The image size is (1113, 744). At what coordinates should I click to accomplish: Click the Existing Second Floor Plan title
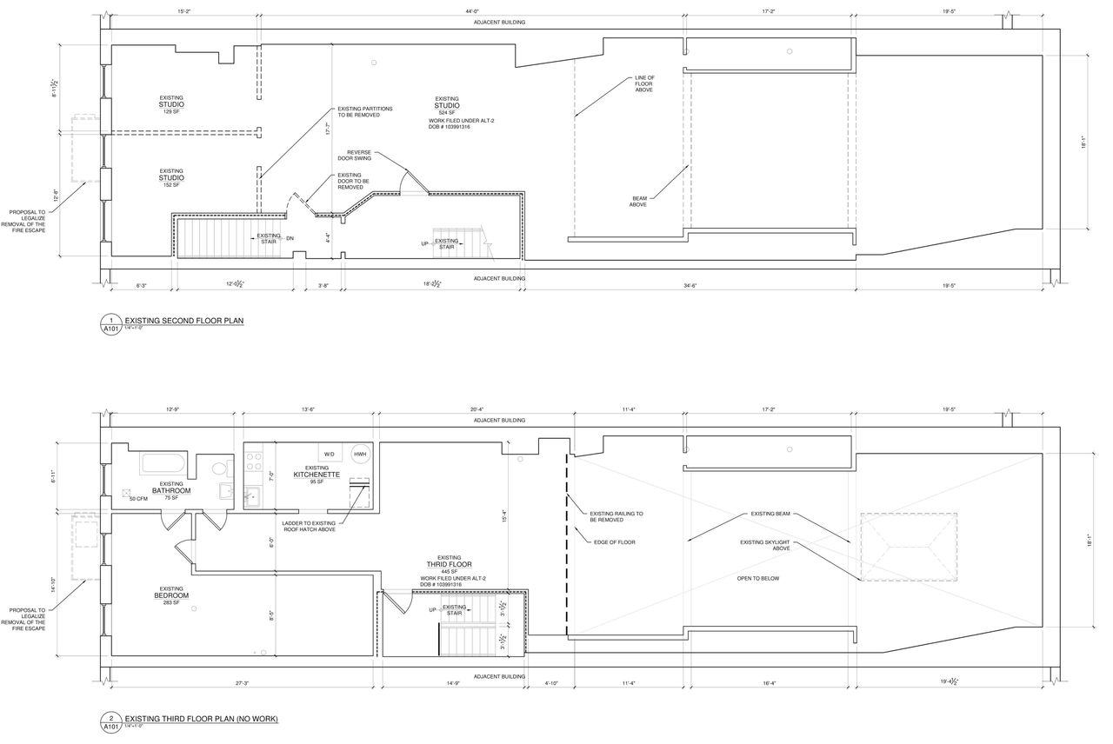tap(184, 321)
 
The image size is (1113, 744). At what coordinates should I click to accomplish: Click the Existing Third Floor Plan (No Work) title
tap(201, 719)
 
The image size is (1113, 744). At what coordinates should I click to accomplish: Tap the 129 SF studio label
tap(171, 105)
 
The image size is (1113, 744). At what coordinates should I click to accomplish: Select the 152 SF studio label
tap(171, 178)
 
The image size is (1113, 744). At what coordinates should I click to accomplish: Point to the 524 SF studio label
tap(447, 106)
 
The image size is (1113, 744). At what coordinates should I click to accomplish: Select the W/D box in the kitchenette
tap(330, 455)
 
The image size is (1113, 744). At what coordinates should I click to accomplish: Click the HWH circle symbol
tap(360, 455)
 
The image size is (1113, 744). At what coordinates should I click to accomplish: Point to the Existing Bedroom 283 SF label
tap(170, 595)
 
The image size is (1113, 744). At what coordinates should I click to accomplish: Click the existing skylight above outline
tap(909, 548)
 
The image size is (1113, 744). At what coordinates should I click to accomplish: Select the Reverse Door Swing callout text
tap(355, 156)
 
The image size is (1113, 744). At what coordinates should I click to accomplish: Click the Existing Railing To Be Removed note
tap(616, 516)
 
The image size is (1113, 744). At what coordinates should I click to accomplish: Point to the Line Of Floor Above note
tap(644, 83)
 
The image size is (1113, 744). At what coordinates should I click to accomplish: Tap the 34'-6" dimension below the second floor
tap(691, 285)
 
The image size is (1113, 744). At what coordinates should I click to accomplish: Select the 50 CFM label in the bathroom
tap(138, 499)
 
